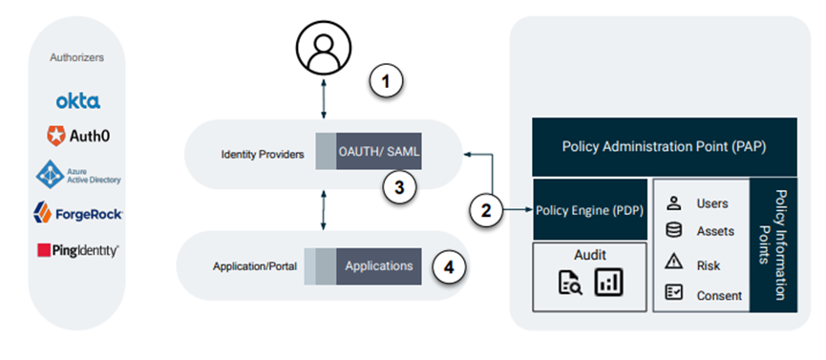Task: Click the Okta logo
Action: tap(77, 100)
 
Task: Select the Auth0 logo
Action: tap(77, 137)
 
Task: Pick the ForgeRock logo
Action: tap(77, 212)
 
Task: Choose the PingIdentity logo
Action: tap(77, 250)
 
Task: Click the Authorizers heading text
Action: tap(77, 58)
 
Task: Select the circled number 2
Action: tap(487, 210)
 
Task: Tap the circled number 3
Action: tap(401, 186)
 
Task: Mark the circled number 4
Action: tap(449, 266)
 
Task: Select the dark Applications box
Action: tap(378, 265)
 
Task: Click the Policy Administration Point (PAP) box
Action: tap(665, 146)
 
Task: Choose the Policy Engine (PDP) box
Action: tap(588, 209)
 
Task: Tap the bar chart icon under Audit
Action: tap(608, 283)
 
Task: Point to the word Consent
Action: tap(719, 295)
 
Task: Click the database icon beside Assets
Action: tap(674, 229)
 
